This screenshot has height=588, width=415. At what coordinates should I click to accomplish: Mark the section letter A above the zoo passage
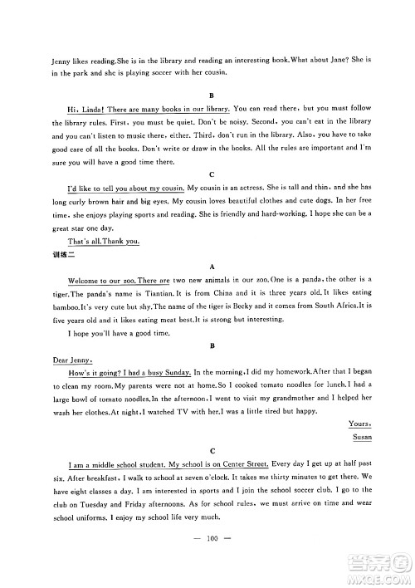click(x=214, y=267)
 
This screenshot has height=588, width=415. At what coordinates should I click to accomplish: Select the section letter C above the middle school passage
click(x=214, y=451)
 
